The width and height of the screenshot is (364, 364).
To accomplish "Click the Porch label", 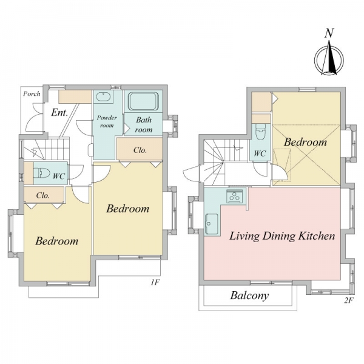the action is [32, 94].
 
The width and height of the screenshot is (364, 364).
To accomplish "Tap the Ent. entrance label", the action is [59, 113].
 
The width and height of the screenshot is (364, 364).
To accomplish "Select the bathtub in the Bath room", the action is [144, 101].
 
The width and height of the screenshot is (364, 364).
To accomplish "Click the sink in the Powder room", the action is [104, 96].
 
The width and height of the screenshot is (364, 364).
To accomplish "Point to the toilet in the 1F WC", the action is [42, 173].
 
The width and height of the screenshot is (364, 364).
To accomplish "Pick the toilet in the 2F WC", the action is [260, 132].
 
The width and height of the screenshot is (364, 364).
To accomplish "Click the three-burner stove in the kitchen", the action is [234, 196].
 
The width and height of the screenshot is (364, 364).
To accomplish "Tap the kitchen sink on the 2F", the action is [211, 223].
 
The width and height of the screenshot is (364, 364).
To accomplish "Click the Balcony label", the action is [249, 296].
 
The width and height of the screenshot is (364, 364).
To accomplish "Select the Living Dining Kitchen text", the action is [282, 236].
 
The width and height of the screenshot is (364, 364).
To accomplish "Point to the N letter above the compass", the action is [329, 33].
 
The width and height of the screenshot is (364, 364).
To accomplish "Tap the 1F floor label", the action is [155, 283].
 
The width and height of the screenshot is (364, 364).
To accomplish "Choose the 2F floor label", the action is [348, 301].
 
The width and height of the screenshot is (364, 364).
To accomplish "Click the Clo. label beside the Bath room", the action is [140, 150].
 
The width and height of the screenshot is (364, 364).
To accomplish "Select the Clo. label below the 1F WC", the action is [43, 195].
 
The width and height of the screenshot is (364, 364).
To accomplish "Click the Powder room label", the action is [107, 121].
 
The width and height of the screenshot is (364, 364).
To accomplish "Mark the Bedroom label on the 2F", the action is [305, 142].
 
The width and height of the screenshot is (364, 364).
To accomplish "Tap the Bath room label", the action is [144, 124].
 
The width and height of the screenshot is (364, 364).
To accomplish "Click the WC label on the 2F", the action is [260, 153].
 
